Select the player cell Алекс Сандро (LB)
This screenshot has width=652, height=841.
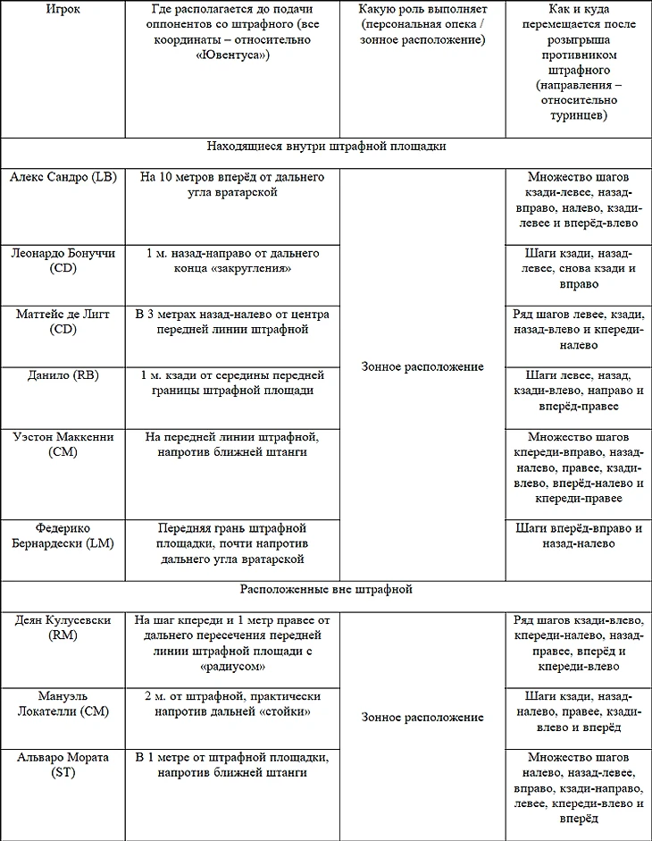point(63,177)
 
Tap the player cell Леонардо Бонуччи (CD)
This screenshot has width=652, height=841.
point(63,261)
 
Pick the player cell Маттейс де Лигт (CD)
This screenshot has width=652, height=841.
point(63,322)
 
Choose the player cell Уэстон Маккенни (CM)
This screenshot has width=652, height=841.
point(63,445)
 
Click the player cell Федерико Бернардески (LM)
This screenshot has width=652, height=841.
point(63,535)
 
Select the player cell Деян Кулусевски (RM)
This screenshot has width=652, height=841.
point(63,627)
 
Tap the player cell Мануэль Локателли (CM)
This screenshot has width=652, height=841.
point(63,703)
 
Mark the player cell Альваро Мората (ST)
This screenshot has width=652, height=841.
point(63,765)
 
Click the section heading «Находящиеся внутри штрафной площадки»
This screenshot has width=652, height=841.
point(326,145)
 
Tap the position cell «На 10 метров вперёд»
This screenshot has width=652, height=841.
point(232,184)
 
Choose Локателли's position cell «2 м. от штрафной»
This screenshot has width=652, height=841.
point(232,703)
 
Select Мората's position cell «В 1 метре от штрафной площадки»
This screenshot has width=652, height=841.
point(232,765)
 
